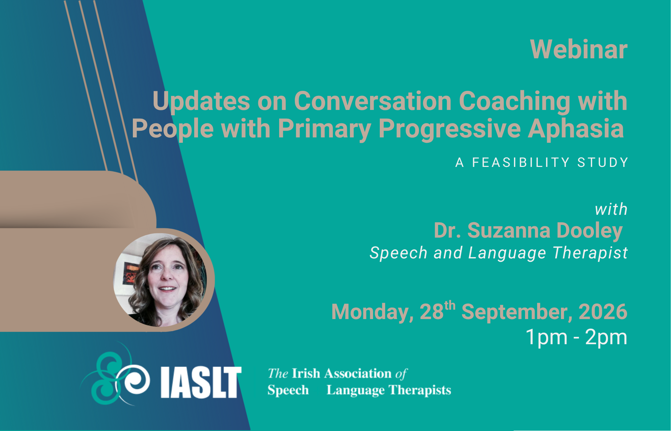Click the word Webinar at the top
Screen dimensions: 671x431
[x=579, y=49]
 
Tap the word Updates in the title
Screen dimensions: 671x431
[x=201, y=102]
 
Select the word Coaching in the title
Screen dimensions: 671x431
[x=514, y=102]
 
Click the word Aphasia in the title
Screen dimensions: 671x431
[x=576, y=129]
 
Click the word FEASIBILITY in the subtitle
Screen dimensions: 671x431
[x=521, y=163]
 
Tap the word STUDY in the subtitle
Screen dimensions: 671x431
[x=603, y=163]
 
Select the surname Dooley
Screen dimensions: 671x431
[x=589, y=231]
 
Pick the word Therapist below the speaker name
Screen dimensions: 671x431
[x=590, y=253]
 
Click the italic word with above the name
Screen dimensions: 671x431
[x=611, y=209]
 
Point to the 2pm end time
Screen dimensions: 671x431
[x=606, y=337]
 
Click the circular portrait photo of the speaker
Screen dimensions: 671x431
[x=160, y=280]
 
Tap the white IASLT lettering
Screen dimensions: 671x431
[x=201, y=382]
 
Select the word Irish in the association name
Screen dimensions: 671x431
[x=306, y=373]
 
